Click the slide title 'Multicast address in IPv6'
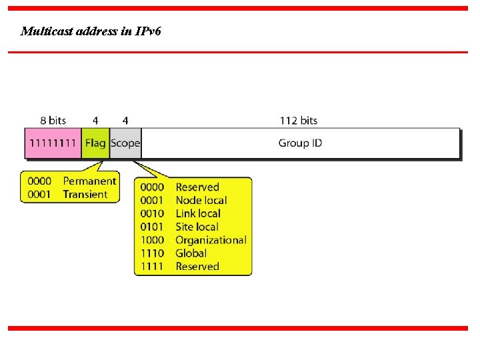pyautogui.click(x=91, y=31)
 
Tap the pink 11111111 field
pyautogui.click(x=53, y=143)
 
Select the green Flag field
pyautogui.click(x=95, y=143)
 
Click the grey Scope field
pyautogui.click(x=125, y=143)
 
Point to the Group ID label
pyautogui.click(x=300, y=143)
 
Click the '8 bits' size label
pyautogui.click(x=53, y=121)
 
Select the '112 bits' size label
pyautogui.click(x=299, y=121)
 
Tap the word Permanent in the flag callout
pyautogui.click(x=89, y=181)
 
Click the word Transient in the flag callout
pyautogui.click(x=85, y=195)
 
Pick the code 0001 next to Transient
pyautogui.click(x=39, y=195)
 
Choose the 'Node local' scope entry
pyautogui.click(x=201, y=200)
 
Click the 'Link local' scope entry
pyautogui.click(x=197, y=213)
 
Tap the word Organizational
pyautogui.click(x=211, y=240)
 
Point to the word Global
pyautogui.click(x=191, y=253)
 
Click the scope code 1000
pyautogui.click(x=152, y=240)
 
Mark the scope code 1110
pyautogui.click(x=152, y=253)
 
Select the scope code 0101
pyautogui.click(x=152, y=227)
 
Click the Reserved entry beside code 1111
pyautogui.click(x=197, y=267)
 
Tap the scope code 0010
pyautogui.click(x=152, y=213)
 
